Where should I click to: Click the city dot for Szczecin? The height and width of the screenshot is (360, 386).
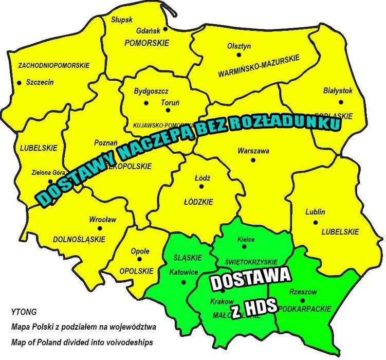click(20, 82)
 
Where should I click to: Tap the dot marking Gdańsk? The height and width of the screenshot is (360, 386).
click(165, 30)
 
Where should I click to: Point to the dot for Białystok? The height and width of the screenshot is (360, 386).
click(338, 102)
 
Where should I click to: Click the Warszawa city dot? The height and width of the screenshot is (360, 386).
click(253, 160)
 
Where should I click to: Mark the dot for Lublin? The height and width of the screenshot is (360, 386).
click(315, 222)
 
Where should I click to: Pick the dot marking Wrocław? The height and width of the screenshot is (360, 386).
click(100, 228)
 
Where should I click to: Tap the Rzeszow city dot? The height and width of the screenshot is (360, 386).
click(303, 301)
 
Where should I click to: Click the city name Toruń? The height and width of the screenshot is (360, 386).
click(170, 103)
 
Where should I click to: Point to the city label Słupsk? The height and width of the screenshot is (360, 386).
click(122, 20)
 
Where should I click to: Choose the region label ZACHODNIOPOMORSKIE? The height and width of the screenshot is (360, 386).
click(53, 66)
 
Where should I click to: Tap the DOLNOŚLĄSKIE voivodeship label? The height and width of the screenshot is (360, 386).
click(79, 239)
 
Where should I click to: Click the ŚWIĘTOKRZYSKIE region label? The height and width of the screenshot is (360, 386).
click(252, 261)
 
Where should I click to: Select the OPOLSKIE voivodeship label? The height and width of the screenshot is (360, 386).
click(136, 271)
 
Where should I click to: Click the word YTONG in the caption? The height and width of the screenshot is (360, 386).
click(24, 312)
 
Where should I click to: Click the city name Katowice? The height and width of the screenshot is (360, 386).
click(183, 272)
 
